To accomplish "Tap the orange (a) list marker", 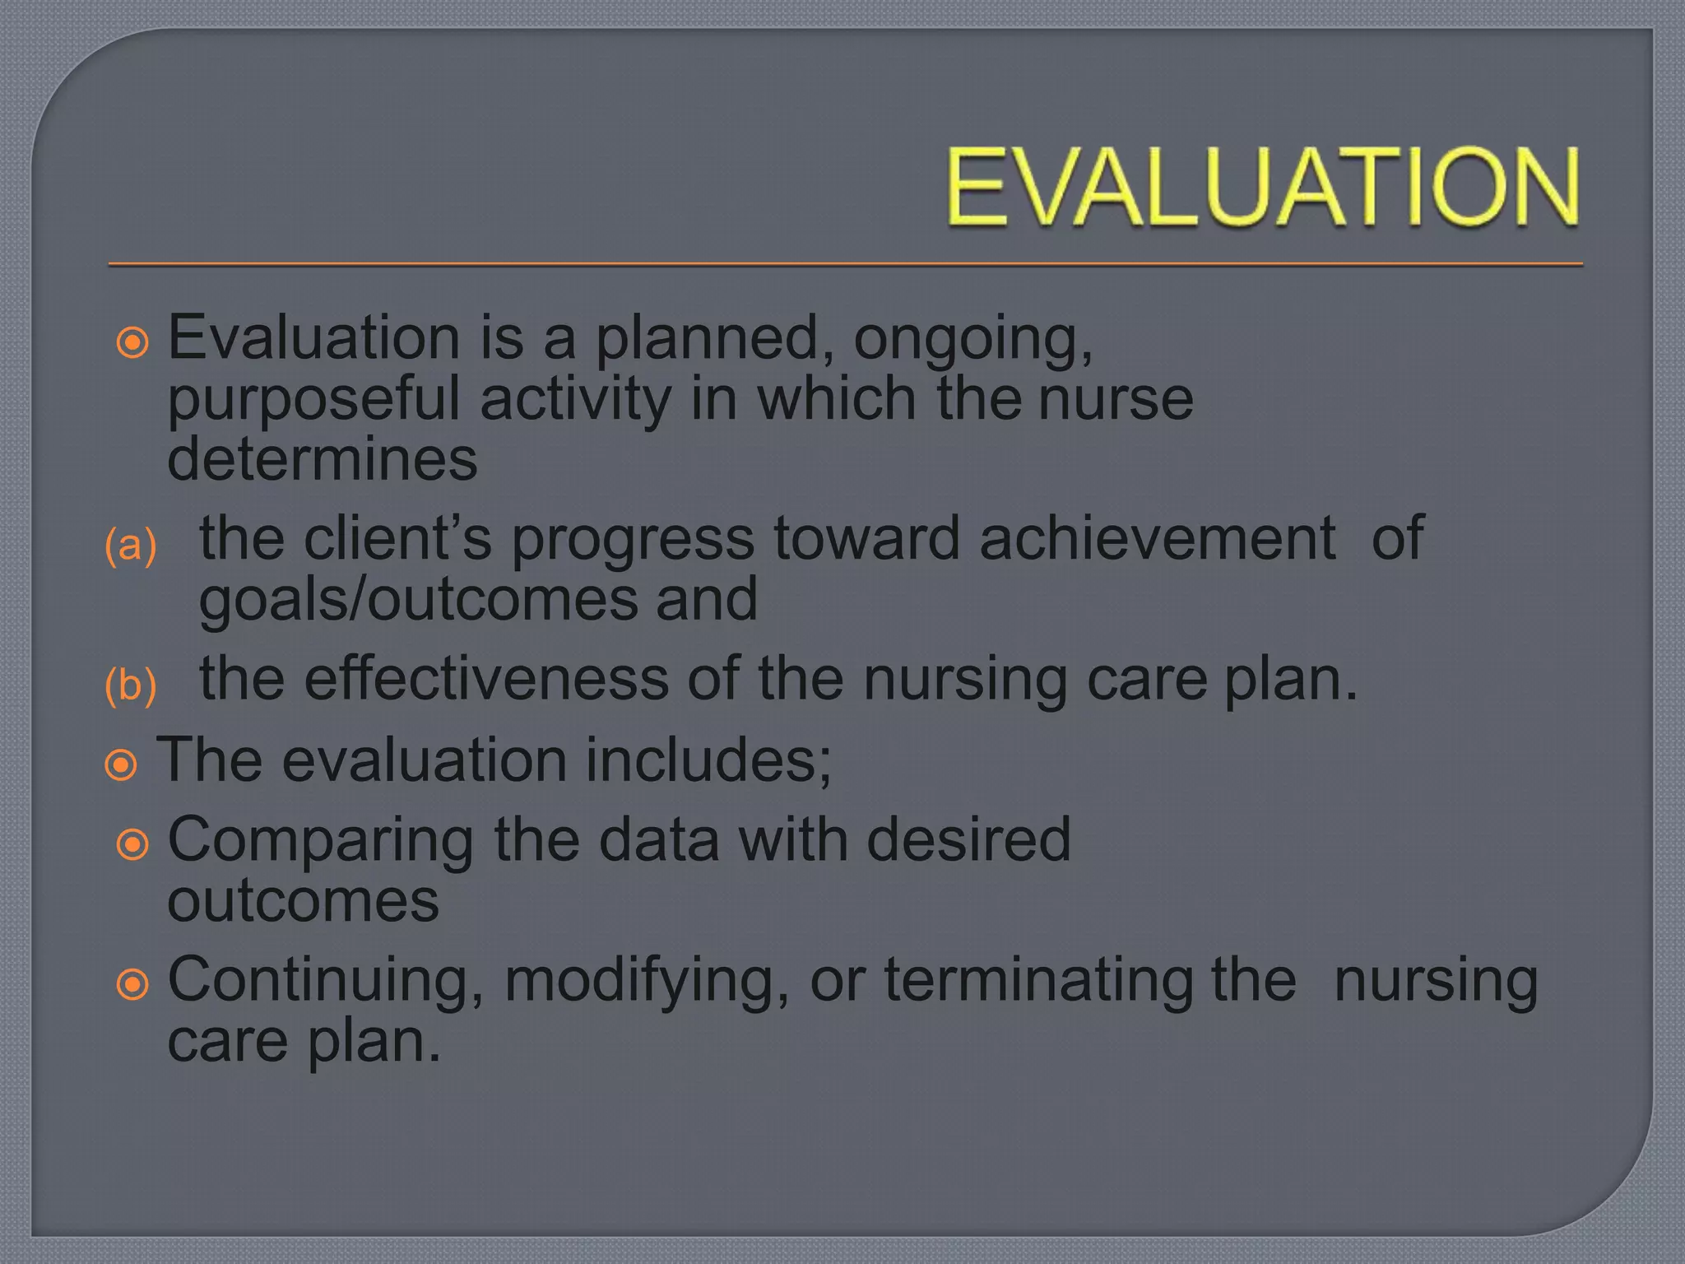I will (x=131, y=546).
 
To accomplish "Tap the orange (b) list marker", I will (x=131, y=685).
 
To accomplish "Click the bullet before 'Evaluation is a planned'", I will (x=132, y=342).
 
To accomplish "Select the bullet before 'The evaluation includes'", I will (x=121, y=765).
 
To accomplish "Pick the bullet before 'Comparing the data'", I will (x=132, y=844).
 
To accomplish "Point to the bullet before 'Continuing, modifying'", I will (x=132, y=984).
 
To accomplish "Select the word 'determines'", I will (x=322, y=459).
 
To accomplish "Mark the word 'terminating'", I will (x=1038, y=981).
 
